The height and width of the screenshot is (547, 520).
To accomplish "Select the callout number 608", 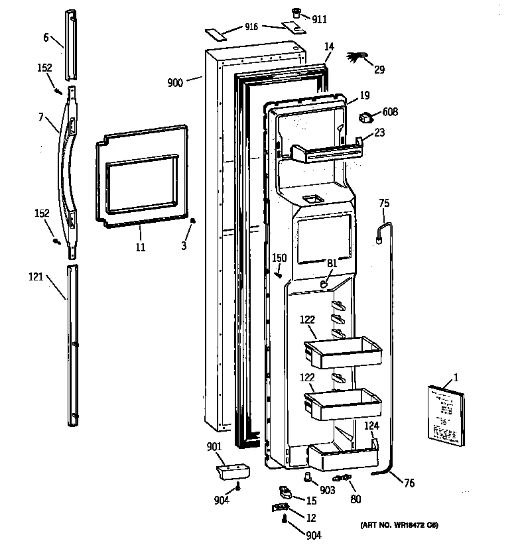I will pos(390,112).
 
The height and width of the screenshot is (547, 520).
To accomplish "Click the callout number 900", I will pos(176,83).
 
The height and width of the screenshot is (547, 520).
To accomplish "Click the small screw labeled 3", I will pos(192,222).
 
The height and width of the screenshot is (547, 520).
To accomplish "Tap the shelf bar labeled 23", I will pos(327,152).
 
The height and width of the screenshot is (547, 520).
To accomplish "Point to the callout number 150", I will pos(279,258).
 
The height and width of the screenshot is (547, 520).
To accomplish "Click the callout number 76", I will pos(409,484).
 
